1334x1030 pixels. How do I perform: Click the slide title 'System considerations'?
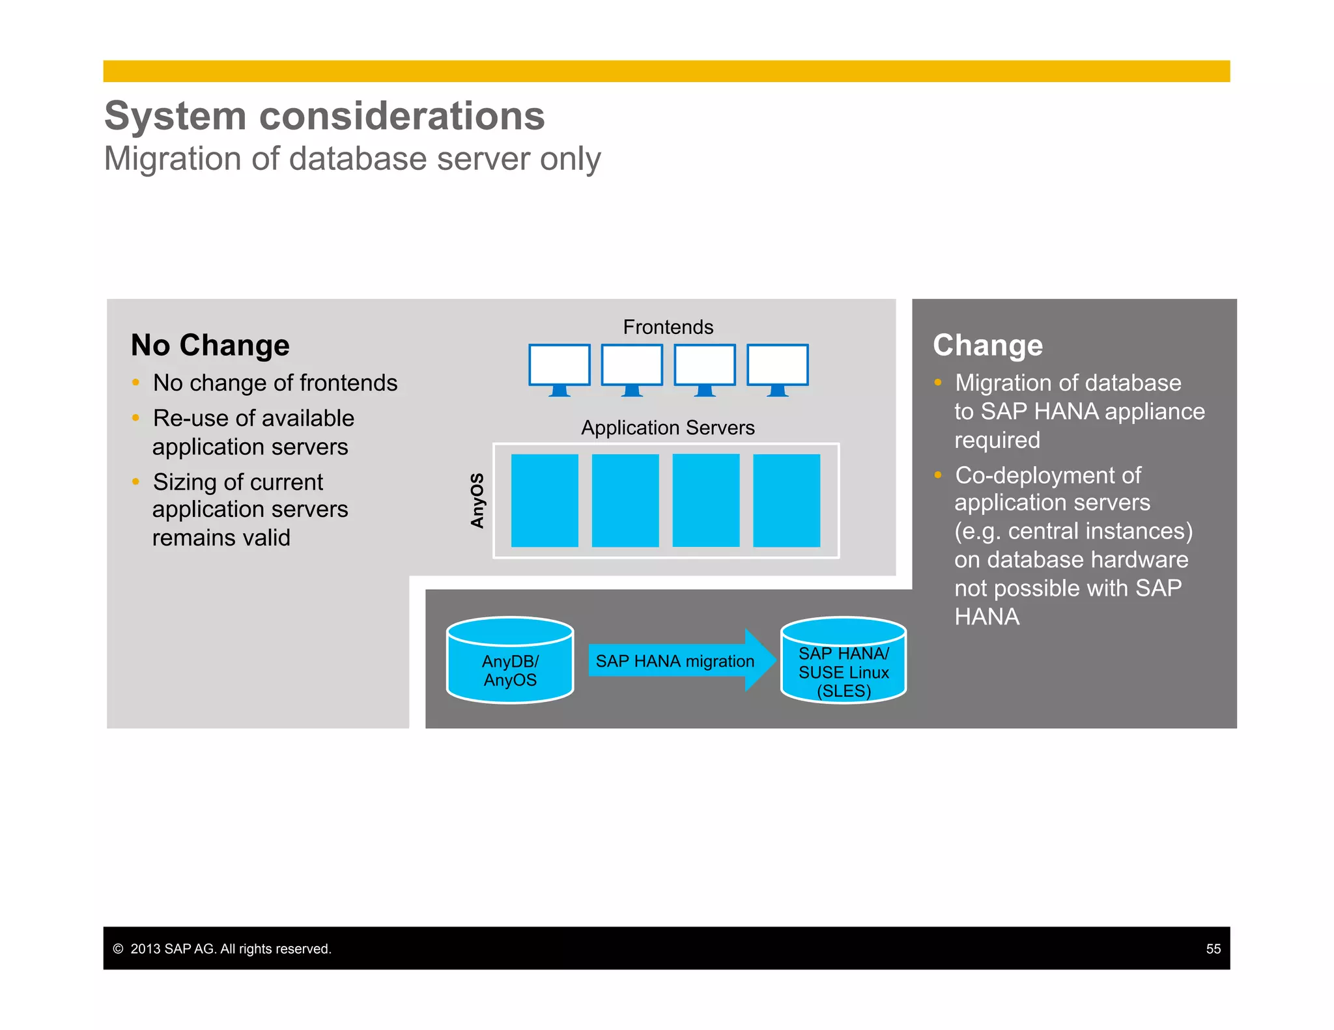tap(324, 116)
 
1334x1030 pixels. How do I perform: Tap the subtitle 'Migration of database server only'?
tap(352, 159)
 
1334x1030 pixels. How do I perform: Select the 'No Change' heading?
tap(210, 345)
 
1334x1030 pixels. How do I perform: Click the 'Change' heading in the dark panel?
tap(987, 345)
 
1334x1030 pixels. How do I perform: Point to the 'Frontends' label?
tap(668, 327)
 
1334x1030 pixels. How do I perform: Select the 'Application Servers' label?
tap(668, 428)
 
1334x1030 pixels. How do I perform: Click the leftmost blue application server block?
tap(545, 500)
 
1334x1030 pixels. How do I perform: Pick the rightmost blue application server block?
tap(786, 500)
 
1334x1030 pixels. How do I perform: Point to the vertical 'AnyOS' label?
tap(477, 500)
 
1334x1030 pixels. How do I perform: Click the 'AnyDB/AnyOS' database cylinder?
tap(510, 661)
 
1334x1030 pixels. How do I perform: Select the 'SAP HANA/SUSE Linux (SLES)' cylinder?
tap(844, 661)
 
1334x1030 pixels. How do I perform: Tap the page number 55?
tap(1213, 949)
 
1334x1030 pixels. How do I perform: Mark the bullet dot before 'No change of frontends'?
tap(135, 383)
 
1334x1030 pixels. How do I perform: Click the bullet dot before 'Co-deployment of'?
tap(938, 475)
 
